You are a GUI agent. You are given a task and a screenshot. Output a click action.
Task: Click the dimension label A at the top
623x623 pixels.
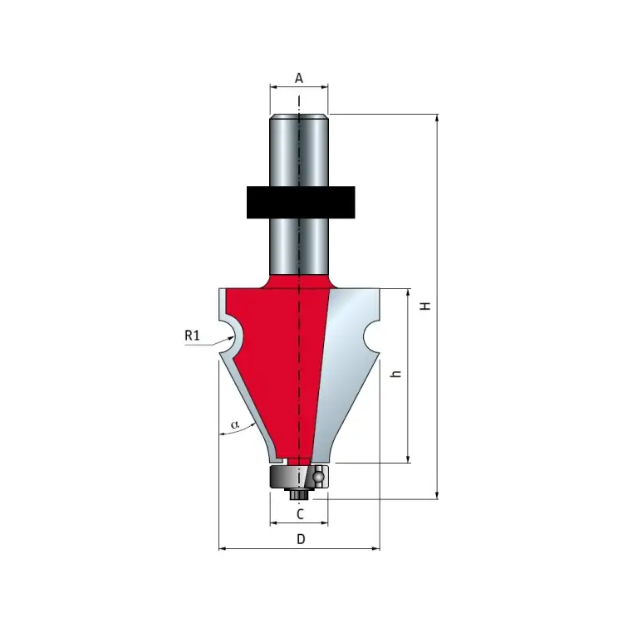pyautogui.click(x=299, y=78)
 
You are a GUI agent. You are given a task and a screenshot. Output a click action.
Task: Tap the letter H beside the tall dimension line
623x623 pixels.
pyautogui.click(x=426, y=306)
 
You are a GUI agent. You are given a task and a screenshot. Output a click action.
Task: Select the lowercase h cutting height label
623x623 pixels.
pyautogui.click(x=396, y=374)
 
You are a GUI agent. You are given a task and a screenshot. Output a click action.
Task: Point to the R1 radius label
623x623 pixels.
pyautogui.click(x=192, y=336)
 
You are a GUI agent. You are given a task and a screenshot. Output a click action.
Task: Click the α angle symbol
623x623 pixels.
pyautogui.click(x=235, y=424)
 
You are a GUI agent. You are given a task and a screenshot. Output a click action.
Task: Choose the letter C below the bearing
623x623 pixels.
pyautogui.click(x=300, y=514)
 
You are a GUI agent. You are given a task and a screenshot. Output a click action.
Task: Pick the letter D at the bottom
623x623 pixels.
pyautogui.click(x=301, y=539)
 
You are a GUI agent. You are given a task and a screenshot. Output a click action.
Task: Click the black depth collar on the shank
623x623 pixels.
pyautogui.click(x=301, y=202)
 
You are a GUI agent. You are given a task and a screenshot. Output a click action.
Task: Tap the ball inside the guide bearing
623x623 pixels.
pyautogui.click(x=318, y=476)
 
